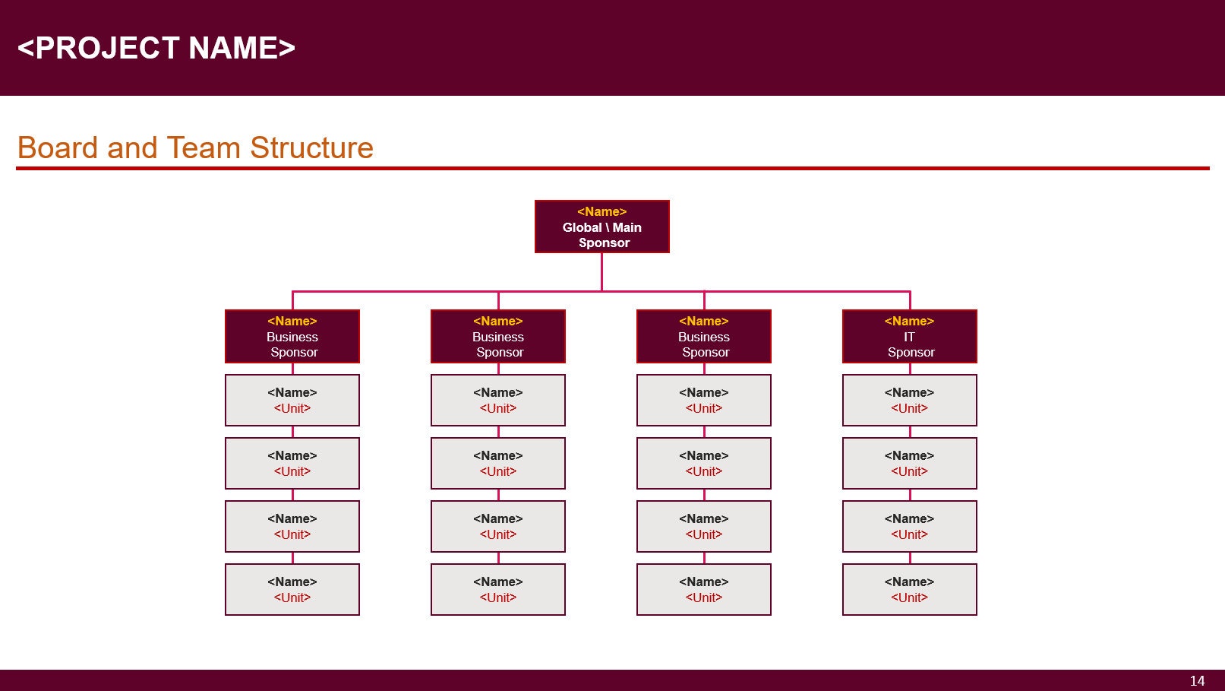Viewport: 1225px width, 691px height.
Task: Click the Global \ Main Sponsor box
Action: (601, 227)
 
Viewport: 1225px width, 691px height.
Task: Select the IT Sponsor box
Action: (909, 337)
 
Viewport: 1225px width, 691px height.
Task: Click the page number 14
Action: (1197, 680)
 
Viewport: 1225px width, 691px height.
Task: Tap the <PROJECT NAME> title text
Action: (156, 48)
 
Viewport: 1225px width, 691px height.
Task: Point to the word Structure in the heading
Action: (311, 147)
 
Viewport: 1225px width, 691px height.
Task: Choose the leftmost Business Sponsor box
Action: (292, 337)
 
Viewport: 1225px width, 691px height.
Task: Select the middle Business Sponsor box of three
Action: (497, 337)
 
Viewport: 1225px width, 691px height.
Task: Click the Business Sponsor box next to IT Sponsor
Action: (703, 337)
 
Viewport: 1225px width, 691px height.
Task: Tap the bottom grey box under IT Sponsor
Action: (909, 589)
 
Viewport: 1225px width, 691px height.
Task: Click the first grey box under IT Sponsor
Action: (909, 400)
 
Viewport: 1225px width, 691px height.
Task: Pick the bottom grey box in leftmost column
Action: (292, 589)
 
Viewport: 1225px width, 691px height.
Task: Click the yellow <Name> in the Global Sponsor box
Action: (601, 211)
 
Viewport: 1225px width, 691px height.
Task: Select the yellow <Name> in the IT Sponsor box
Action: (909, 321)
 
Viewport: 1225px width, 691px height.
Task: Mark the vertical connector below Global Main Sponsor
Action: (601, 271)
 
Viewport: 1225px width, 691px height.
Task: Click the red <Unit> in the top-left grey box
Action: (292, 408)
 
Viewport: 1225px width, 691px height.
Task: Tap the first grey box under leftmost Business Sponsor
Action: (292, 400)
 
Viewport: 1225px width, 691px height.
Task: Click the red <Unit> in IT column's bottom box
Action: (909, 597)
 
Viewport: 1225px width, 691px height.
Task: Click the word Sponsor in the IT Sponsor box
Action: (911, 352)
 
